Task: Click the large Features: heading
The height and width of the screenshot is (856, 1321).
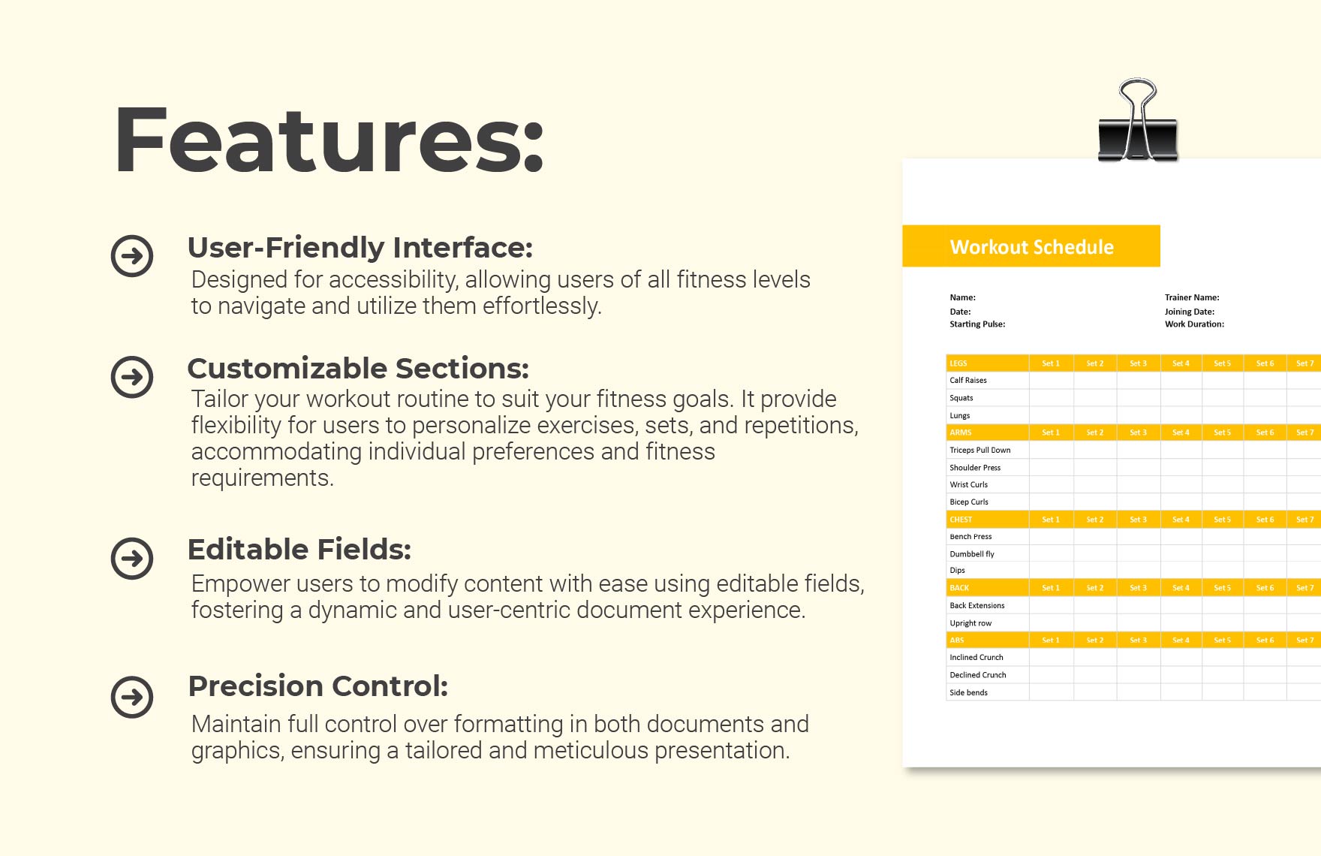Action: pyautogui.click(x=329, y=140)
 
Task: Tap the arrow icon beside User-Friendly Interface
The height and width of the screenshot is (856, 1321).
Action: pyautogui.click(x=132, y=256)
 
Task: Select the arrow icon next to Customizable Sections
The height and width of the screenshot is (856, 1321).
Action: pyautogui.click(x=132, y=377)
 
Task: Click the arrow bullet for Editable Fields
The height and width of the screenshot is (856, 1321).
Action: pyautogui.click(x=132, y=558)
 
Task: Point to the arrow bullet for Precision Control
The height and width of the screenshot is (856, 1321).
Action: pyautogui.click(x=132, y=697)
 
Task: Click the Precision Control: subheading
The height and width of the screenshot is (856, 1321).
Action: pyautogui.click(x=317, y=686)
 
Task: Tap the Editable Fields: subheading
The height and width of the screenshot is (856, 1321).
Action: pyautogui.click(x=299, y=550)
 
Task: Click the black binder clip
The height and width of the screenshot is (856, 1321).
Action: pyautogui.click(x=1137, y=124)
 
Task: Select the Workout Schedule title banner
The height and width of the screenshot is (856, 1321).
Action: pyautogui.click(x=1031, y=246)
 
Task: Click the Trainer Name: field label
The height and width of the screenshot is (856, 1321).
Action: pyautogui.click(x=1192, y=297)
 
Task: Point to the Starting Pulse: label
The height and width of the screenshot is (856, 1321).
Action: pyautogui.click(x=977, y=324)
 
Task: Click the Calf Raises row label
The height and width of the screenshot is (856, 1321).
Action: pyautogui.click(x=968, y=381)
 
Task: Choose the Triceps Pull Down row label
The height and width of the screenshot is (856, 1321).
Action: pyautogui.click(x=979, y=451)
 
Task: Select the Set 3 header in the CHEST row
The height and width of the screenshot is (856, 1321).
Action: pyautogui.click(x=1138, y=520)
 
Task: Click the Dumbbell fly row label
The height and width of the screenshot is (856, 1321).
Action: pyautogui.click(x=972, y=554)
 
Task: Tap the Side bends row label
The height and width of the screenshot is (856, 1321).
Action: pyautogui.click(x=968, y=692)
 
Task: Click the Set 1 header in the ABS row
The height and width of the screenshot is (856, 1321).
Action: pyautogui.click(x=1051, y=640)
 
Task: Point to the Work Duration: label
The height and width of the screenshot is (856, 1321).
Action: pyautogui.click(x=1194, y=324)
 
